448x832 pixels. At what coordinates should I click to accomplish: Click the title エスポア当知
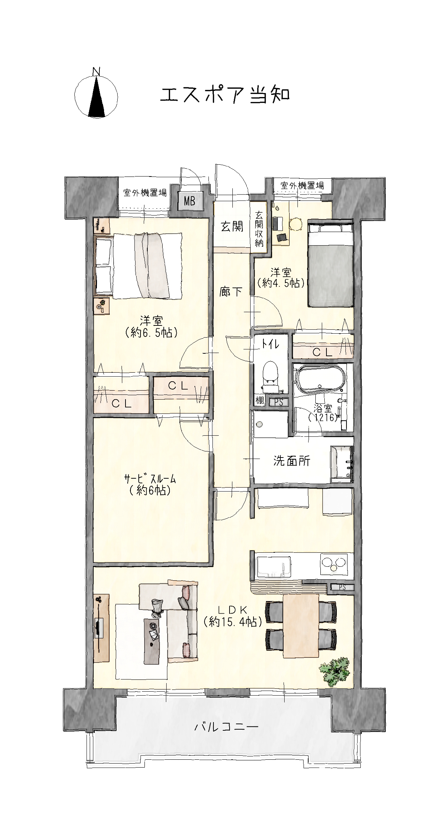point(224,95)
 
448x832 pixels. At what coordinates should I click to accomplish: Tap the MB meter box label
point(189,201)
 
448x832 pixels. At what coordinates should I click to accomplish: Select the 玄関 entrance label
point(232,226)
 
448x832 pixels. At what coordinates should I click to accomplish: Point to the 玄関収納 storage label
point(259,229)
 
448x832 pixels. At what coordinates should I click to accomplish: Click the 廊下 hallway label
point(231,292)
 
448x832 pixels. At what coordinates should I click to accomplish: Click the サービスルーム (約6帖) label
point(150,484)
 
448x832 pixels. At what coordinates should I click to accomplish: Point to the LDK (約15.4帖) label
point(233,615)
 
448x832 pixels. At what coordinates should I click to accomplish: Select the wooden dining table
point(301,626)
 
